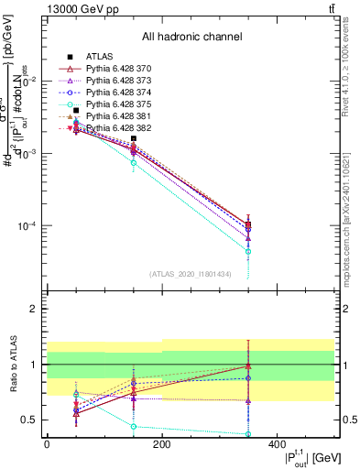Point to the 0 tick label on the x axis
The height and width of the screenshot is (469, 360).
coord(47,444)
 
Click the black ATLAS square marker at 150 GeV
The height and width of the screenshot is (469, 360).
coord(134,138)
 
